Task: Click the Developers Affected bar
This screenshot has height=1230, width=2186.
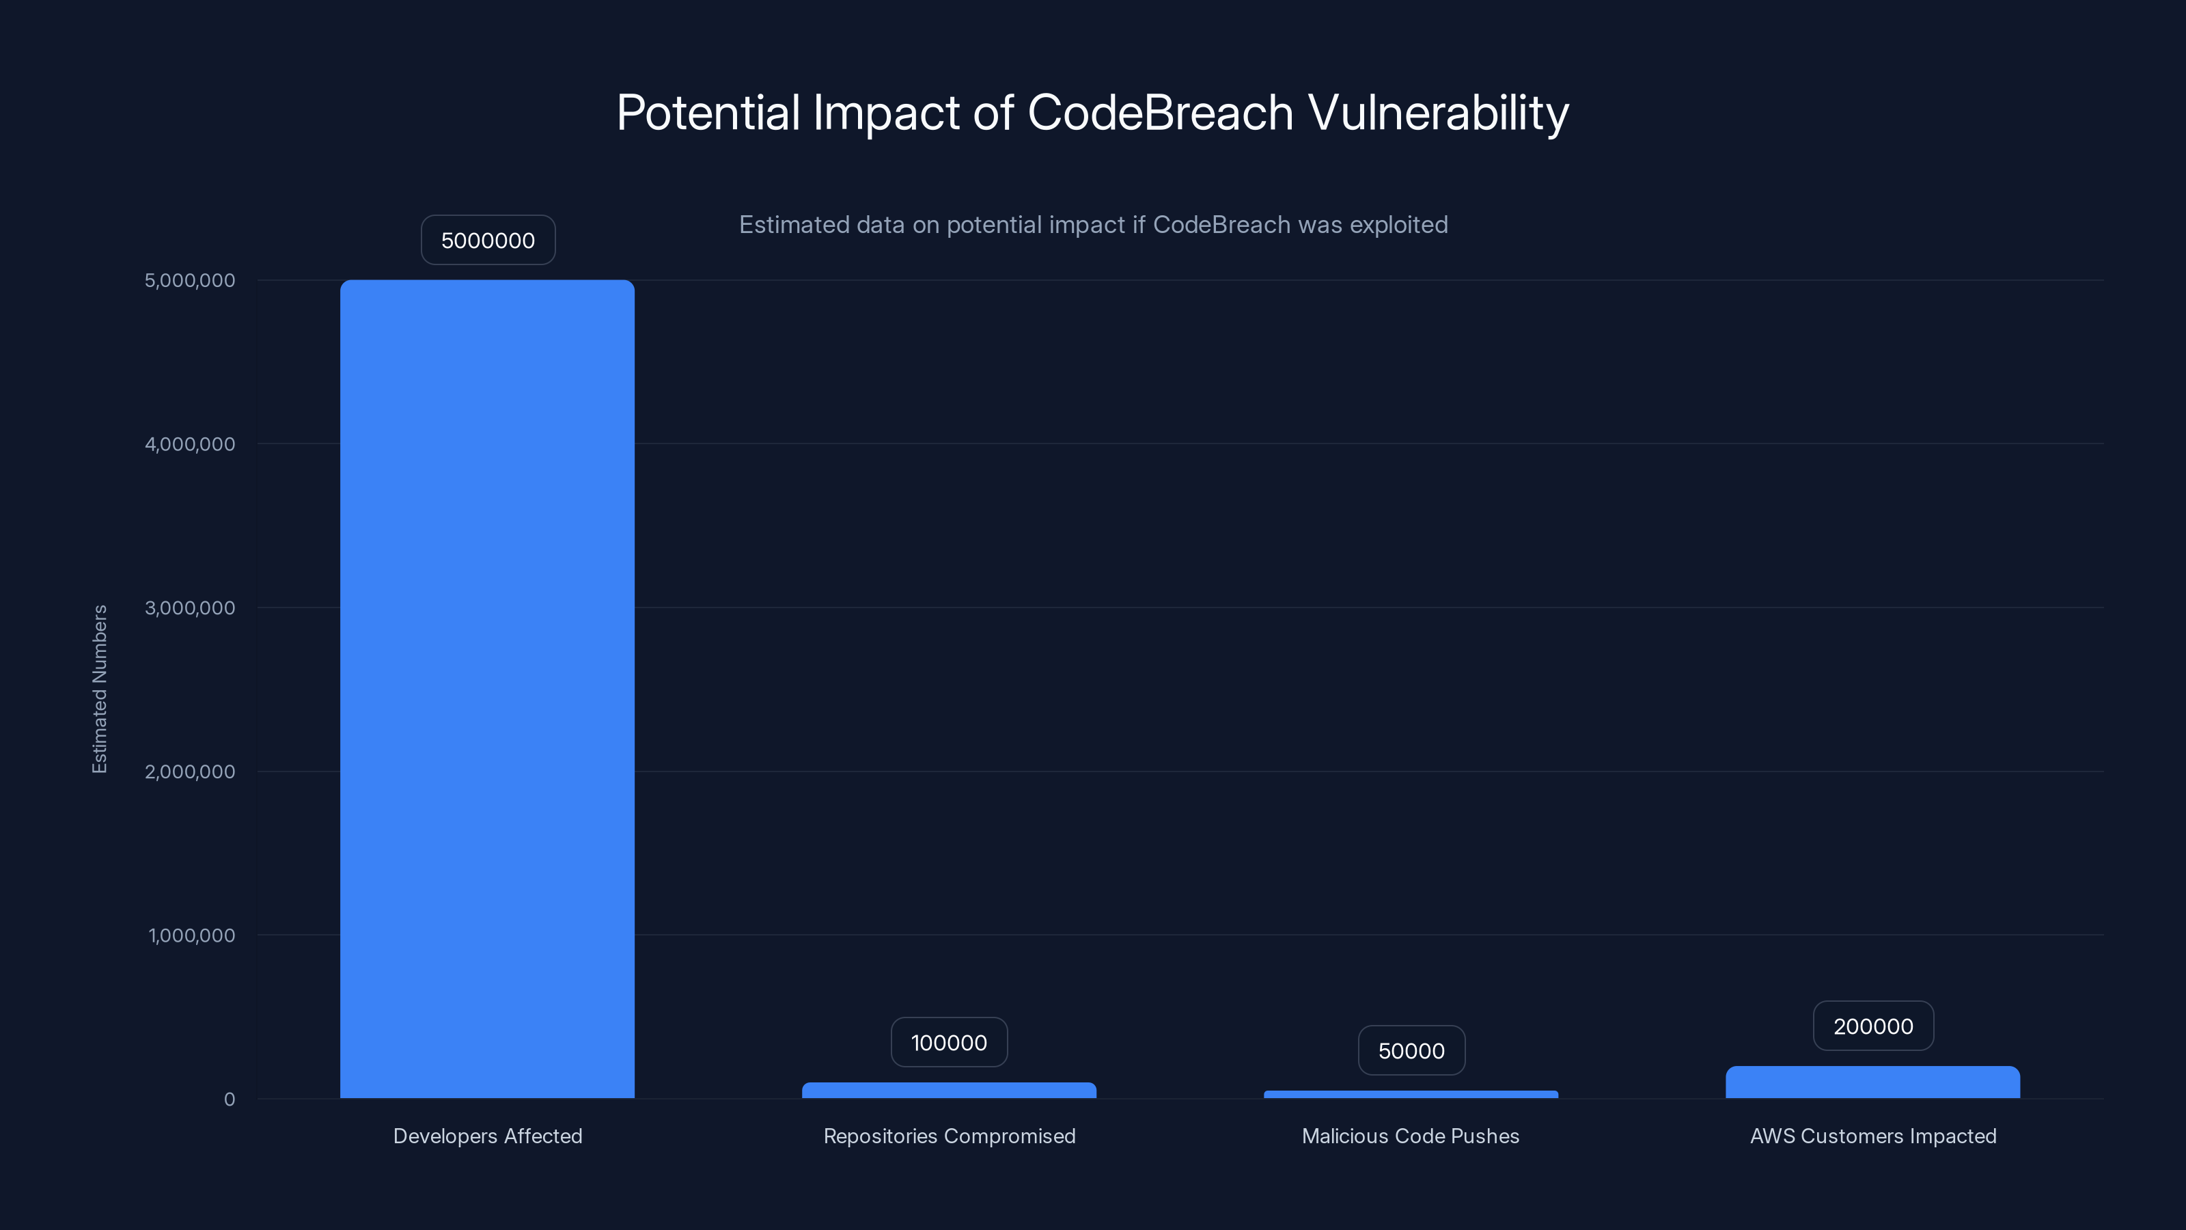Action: [487, 687]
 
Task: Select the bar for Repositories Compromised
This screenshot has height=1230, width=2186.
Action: [949, 1090]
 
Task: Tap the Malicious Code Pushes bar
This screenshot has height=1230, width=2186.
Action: [1411, 1094]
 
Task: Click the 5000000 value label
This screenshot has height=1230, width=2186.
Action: [488, 241]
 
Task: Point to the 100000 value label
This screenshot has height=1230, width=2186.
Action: [949, 1042]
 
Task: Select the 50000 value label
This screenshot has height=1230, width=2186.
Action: [1411, 1051]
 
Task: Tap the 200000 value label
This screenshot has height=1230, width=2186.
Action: [1873, 1026]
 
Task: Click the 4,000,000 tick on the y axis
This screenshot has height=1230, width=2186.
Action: [190, 444]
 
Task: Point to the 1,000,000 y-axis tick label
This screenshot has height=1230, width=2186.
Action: [192, 935]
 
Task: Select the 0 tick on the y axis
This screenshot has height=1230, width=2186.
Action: [229, 1099]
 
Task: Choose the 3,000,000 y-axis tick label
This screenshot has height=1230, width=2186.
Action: [190, 607]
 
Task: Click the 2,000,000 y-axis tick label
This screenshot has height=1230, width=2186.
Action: [190, 771]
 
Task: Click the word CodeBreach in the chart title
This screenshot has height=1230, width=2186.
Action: [1160, 112]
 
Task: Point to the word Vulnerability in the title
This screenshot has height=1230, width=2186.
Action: [1439, 112]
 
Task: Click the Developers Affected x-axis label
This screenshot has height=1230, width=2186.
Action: [487, 1136]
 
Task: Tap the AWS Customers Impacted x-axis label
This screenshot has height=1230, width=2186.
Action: [1873, 1136]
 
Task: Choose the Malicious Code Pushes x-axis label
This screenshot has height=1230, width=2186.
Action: [1411, 1136]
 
